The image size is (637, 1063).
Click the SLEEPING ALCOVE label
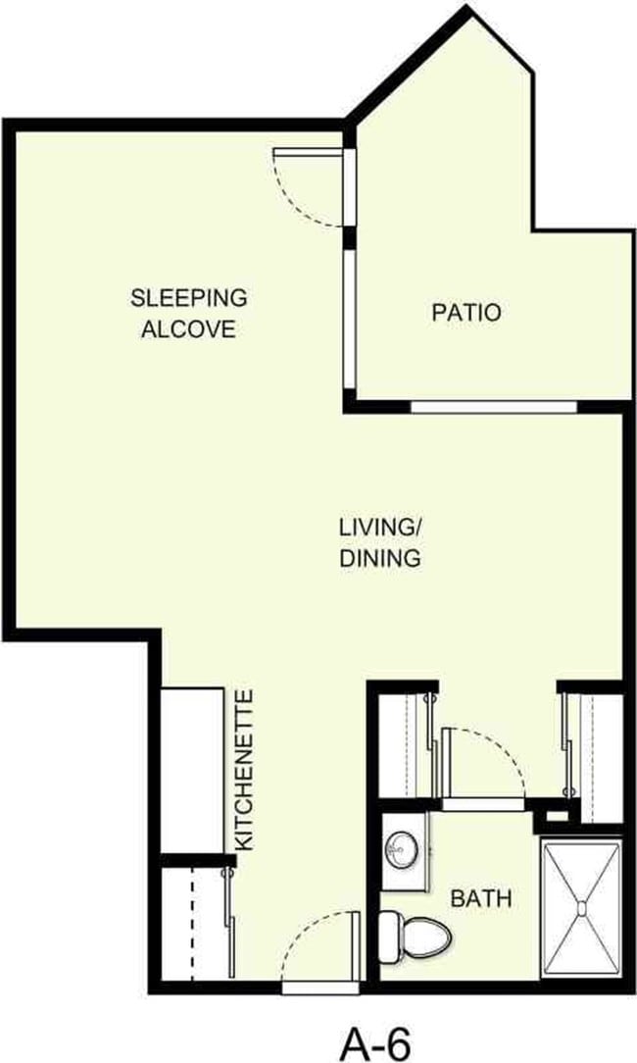(x=189, y=312)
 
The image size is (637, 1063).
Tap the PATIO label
(x=466, y=313)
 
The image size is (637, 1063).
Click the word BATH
(x=480, y=897)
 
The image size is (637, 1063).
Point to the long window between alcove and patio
(x=349, y=319)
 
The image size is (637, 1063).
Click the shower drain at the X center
(x=582, y=906)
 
